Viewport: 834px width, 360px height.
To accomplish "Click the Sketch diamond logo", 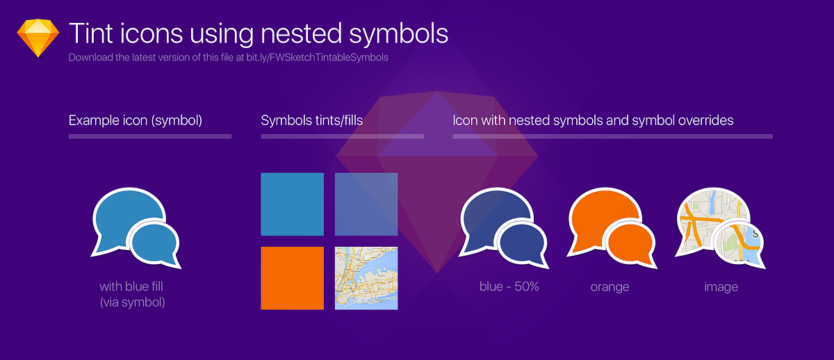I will coord(38,39).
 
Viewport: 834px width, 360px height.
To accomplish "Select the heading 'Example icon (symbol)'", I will coord(136,120).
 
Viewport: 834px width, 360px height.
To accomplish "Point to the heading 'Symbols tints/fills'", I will coord(312,120).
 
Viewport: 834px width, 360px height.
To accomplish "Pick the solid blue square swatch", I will coord(292,204).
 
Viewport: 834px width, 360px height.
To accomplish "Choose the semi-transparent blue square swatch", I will coord(366,204).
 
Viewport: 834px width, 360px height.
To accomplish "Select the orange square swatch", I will coord(292,278).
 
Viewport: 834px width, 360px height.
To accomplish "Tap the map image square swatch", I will coord(366,278).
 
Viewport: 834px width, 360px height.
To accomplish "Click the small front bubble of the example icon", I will coord(155,240).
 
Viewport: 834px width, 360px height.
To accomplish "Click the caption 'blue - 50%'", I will coord(509,286).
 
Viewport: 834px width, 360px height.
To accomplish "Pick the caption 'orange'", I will coord(610,286).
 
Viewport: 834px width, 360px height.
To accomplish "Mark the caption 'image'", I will coord(721,286).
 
